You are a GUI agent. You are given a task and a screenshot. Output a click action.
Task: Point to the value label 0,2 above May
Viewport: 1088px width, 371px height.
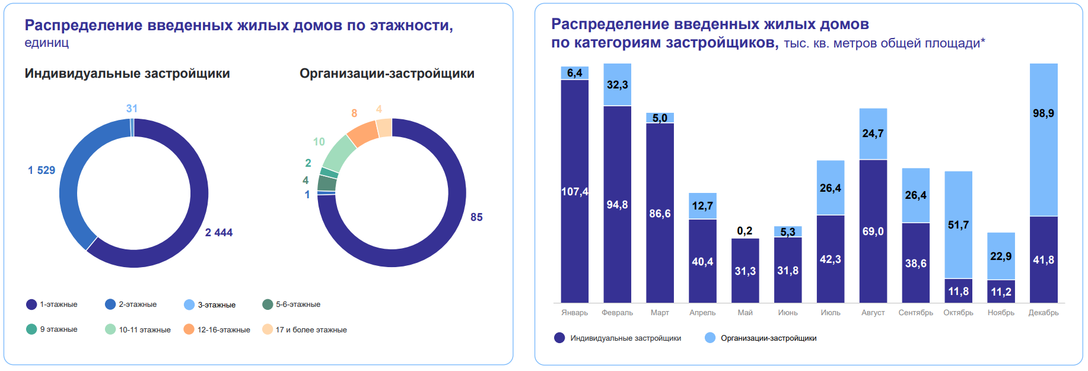pyautogui.click(x=745, y=231)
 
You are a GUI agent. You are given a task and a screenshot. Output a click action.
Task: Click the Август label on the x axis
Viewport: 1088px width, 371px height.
pyautogui.click(x=873, y=313)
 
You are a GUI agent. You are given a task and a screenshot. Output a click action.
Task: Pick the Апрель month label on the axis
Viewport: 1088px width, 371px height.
pyautogui.click(x=702, y=313)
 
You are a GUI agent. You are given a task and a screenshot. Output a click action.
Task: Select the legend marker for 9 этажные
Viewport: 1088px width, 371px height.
pyautogui.click(x=31, y=329)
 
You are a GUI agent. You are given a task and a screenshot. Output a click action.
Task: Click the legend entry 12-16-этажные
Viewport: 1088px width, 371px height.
pyautogui.click(x=224, y=329)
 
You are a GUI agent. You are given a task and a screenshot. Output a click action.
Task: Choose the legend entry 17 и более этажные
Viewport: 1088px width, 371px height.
pyautogui.click(x=311, y=329)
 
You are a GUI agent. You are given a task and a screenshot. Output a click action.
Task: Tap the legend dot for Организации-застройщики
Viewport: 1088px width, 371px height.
pyautogui.click(x=710, y=338)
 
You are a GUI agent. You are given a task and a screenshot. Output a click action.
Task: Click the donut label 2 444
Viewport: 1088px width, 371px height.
pyautogui.click(x=219, y=233)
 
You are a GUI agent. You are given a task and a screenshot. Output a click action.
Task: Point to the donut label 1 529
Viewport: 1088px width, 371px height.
pyautogui.click(x=42, y=170)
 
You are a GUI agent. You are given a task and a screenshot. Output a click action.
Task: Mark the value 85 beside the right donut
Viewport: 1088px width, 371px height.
pyautogui.click(x=476, y=217)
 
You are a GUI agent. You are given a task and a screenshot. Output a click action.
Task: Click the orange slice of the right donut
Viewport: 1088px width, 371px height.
pyautogui.click(x=362, y=134)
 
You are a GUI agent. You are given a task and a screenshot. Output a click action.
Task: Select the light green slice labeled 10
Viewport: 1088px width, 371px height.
pyautogui.click(x=339, y=153)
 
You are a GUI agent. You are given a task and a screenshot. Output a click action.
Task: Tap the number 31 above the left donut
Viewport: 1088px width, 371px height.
pyautogui.click(x=132, y=109)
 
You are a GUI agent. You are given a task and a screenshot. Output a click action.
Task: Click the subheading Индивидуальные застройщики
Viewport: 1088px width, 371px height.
pyautogui.click(x=127, y=74)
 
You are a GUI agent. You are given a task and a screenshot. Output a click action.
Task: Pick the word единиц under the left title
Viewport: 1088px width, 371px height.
pyautogui.click(x=47, y=43)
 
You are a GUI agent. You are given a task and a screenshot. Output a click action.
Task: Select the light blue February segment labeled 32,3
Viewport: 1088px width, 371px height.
pyautogui.click(x=617, y=85)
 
